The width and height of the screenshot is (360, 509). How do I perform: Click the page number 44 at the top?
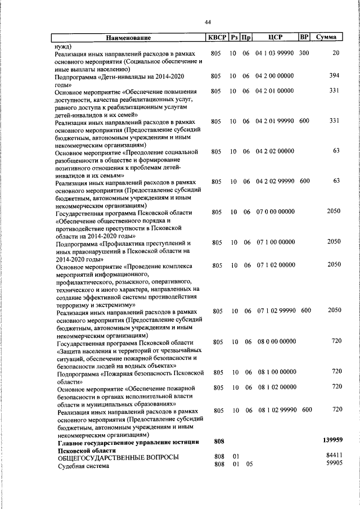[x=208, y=22]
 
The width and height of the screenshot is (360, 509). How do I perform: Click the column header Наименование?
[x=129, y=38]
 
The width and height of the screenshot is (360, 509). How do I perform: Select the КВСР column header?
[x=216, y=38]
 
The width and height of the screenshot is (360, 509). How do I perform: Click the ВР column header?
[x=304, y=38]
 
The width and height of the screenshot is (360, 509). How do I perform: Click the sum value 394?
[x=335, y=76]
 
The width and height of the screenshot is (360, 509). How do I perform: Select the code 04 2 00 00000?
[x=274, y=76]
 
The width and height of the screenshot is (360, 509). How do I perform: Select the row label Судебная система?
[x=83, y=466]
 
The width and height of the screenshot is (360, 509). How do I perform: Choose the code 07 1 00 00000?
[x=274, y=242]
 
